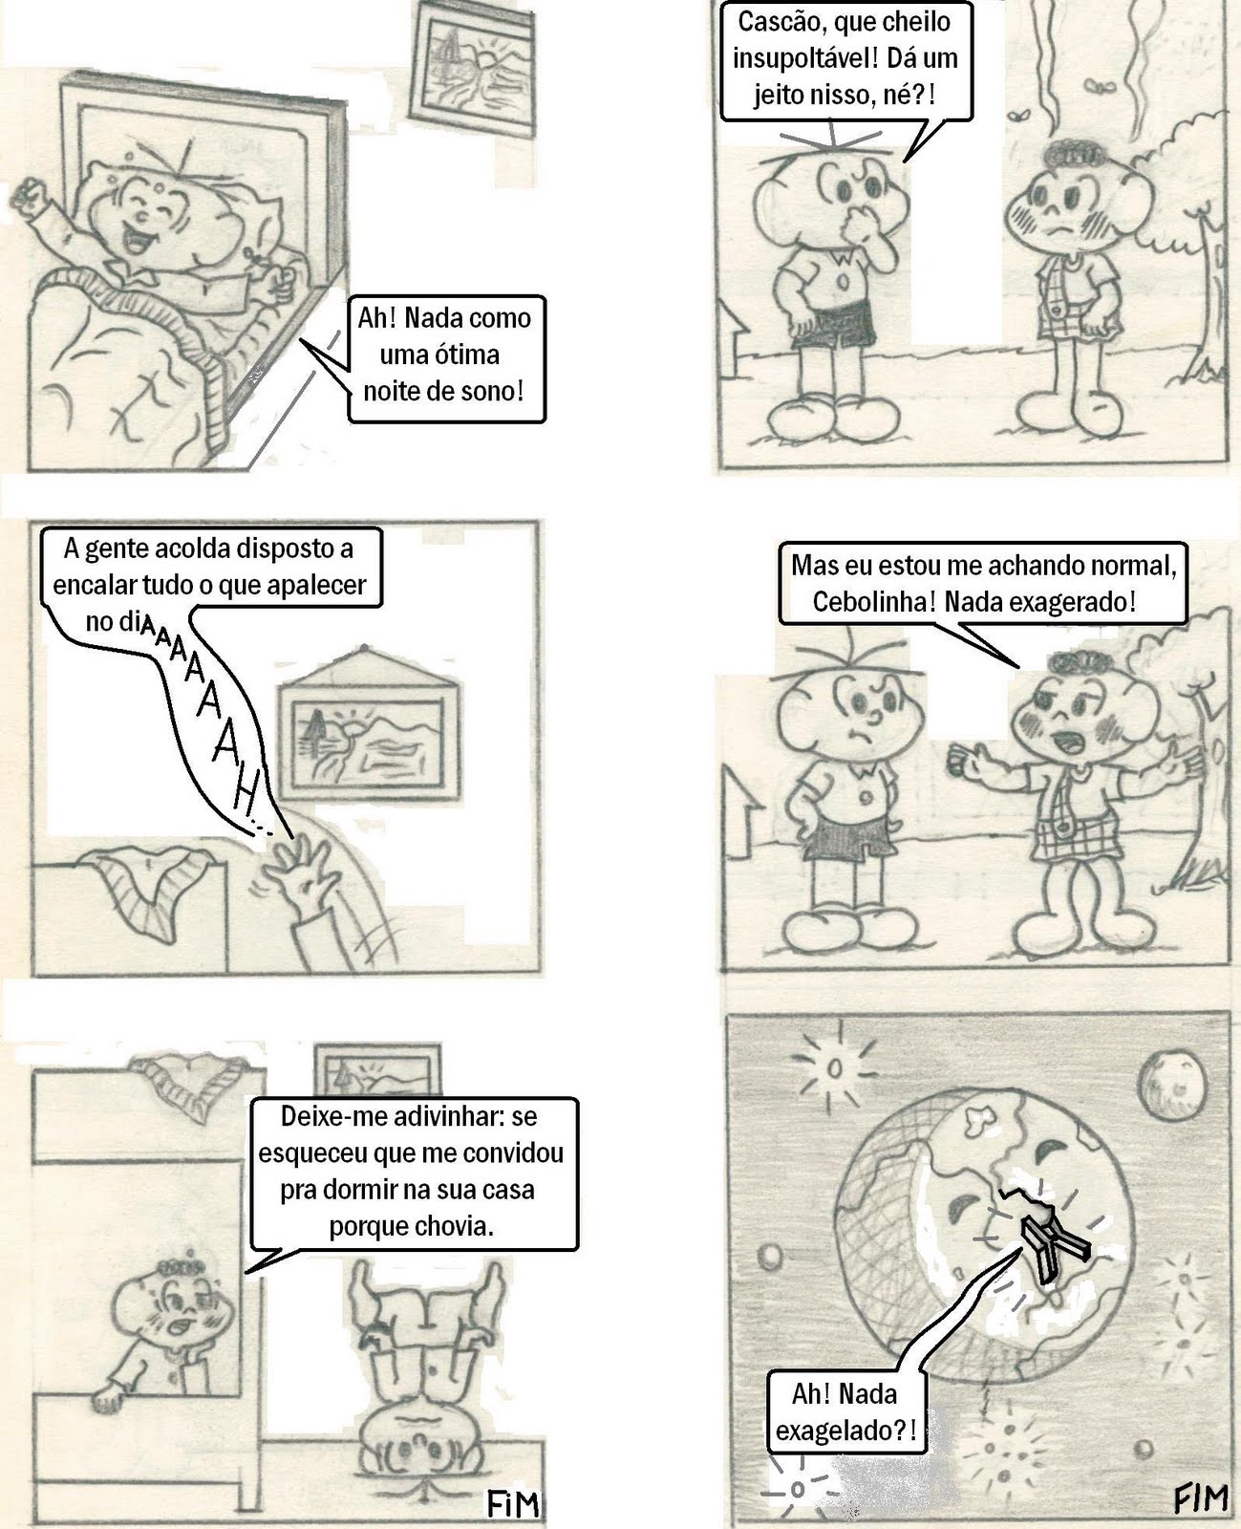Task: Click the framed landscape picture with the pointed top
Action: [x=369, y=724]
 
